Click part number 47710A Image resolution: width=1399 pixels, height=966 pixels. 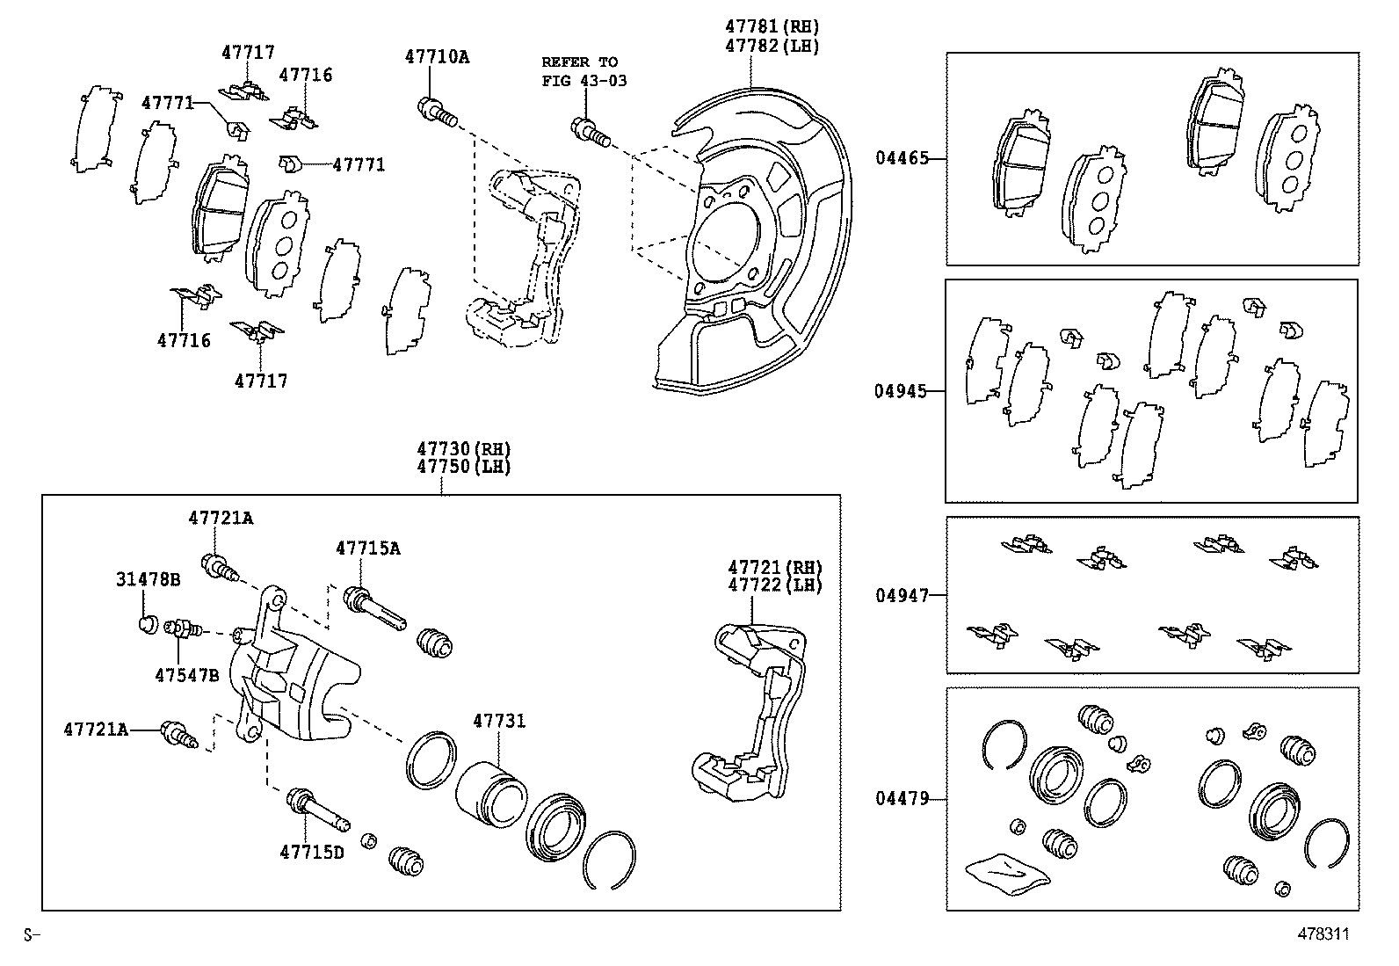pyautogui.click(x=437, y=57)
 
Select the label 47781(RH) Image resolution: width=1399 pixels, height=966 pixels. pyautogui.click(x=772, y=27)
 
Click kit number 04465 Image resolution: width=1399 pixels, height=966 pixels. pyautogui.click(x=901, y=159)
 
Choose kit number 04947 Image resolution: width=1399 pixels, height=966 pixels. pyautogui.click(x=901, y=595)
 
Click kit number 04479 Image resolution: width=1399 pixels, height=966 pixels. pyautogui.click(x=901, y=799)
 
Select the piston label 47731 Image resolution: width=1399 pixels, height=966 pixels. pyautogui.click(x=499, y=721)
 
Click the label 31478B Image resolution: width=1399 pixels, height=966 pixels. pyautogui.click(x=148, y=580)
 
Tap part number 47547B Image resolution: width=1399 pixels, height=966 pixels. pyautogui.click(x=186, y=675)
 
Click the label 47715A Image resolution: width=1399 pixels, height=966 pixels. pyautogui.click(x=367, y=548)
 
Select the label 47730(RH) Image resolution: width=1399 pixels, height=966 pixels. pyautogui.click(x=463, y=449)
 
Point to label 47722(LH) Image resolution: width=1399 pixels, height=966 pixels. pyautogui.click(x=773, y=585)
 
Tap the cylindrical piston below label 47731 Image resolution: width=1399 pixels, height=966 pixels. pyautogui.click(x=490, y=788)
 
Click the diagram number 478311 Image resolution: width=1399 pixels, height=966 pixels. pyautogui.click(x=1323, y=934)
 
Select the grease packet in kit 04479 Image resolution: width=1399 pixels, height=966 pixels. pyautogui.click(x=1007, y=872)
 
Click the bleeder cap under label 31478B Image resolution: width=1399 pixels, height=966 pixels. pyautogui.click(x=148, y=624)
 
